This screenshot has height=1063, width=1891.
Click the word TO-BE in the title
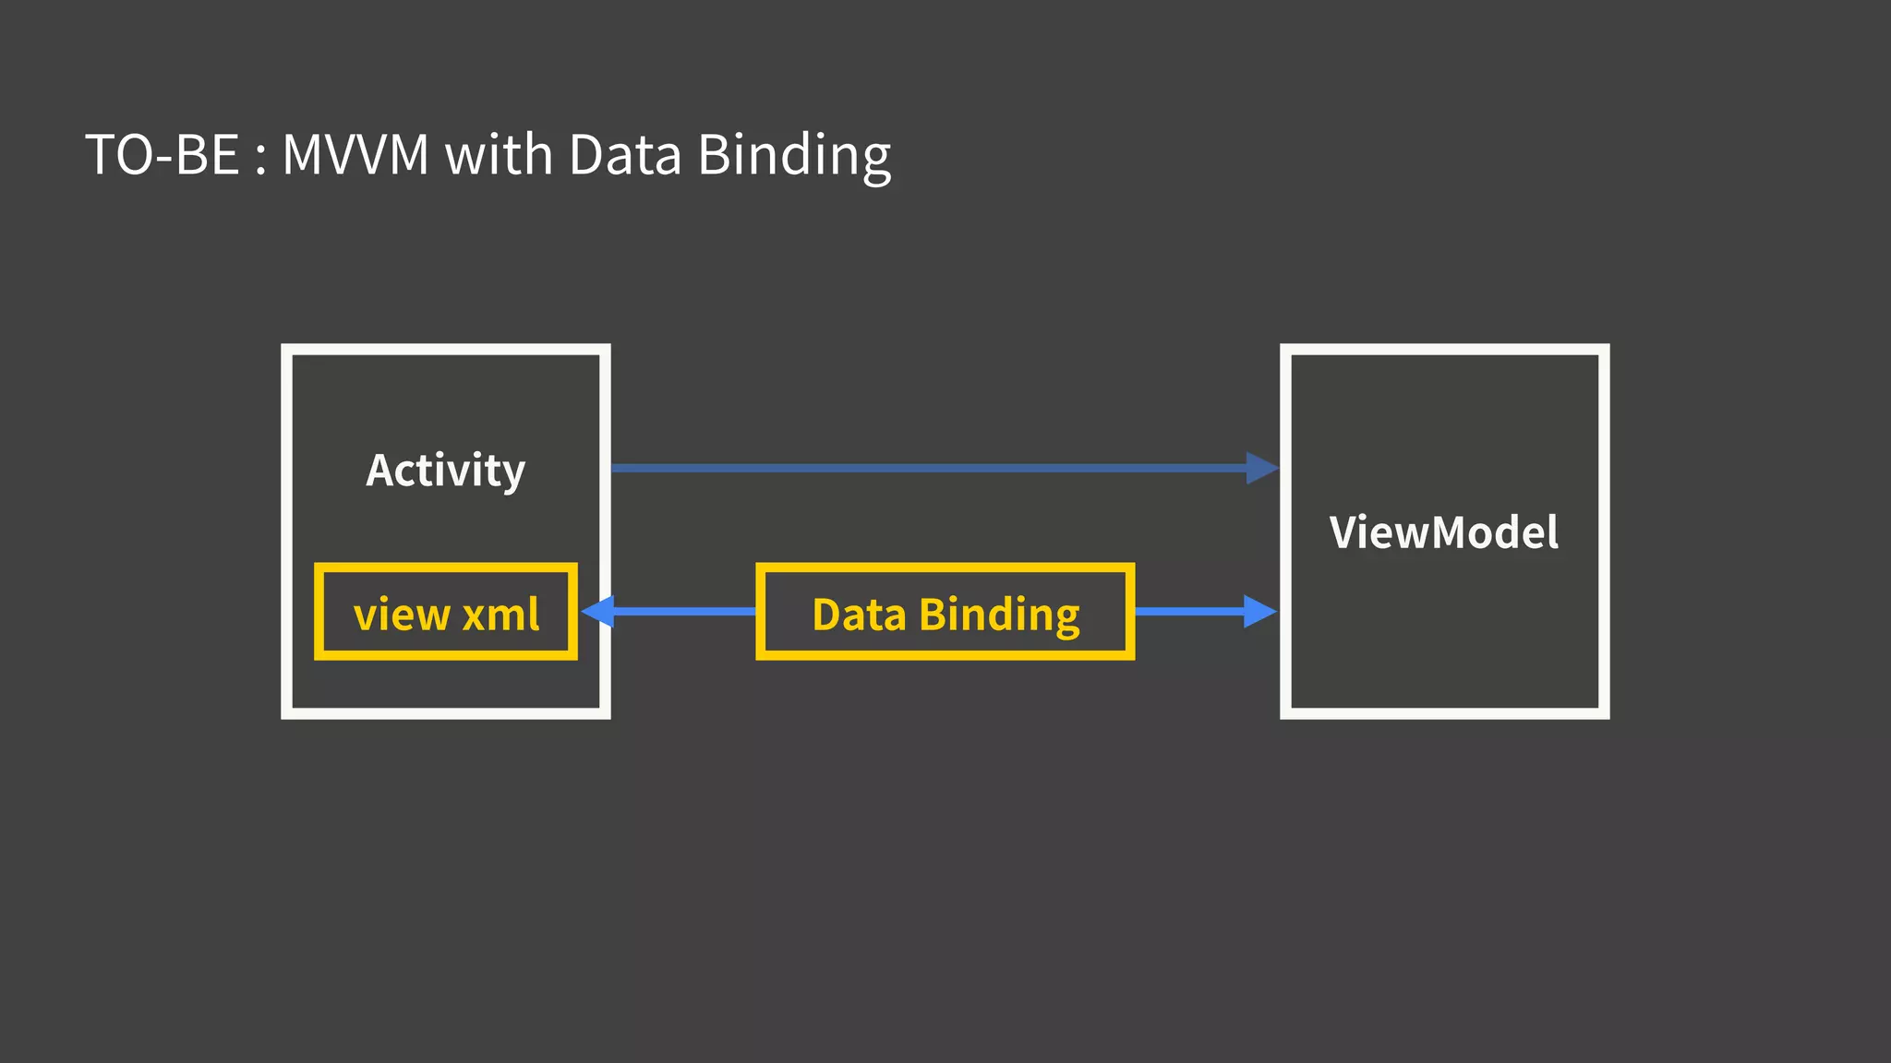pos(163,154)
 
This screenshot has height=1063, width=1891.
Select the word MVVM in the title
pos(355,154)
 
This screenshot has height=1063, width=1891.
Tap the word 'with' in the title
pos(499,154)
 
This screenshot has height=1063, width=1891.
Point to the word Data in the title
pos(624,154)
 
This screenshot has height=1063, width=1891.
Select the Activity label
pos(445,471)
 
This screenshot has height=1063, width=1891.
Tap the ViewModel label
pos(1443,532)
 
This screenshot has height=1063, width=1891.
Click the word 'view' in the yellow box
pos(402,615)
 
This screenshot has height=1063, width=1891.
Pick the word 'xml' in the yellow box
pos(500,614)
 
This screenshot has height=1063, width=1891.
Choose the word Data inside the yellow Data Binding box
pos(859,615)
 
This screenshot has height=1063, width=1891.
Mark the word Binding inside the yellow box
pos(999,615)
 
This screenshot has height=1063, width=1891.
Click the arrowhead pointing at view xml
pos(598,611)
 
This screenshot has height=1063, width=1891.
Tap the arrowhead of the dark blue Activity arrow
pos(1261,468)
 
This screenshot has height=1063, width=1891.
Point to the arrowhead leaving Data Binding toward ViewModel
pos(1259,611)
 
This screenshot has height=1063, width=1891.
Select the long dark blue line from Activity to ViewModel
pos(923,468)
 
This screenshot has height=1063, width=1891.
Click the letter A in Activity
pos(381,470)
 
